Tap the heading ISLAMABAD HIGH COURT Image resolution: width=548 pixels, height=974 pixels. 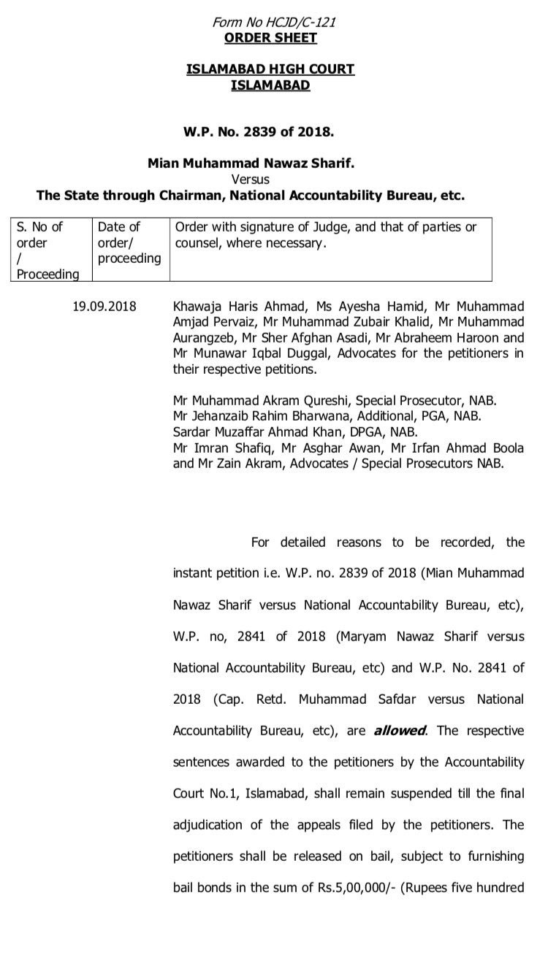click(x=270, y=69)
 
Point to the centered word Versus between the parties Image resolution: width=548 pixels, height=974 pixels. click(x=251, y=180)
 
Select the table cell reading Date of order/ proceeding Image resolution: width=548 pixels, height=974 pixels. click(x=129, y=242)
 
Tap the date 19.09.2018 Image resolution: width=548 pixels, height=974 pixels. click(x=103, y=306)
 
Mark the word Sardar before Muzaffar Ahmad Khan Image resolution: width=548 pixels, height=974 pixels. click(x=192, y=432)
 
